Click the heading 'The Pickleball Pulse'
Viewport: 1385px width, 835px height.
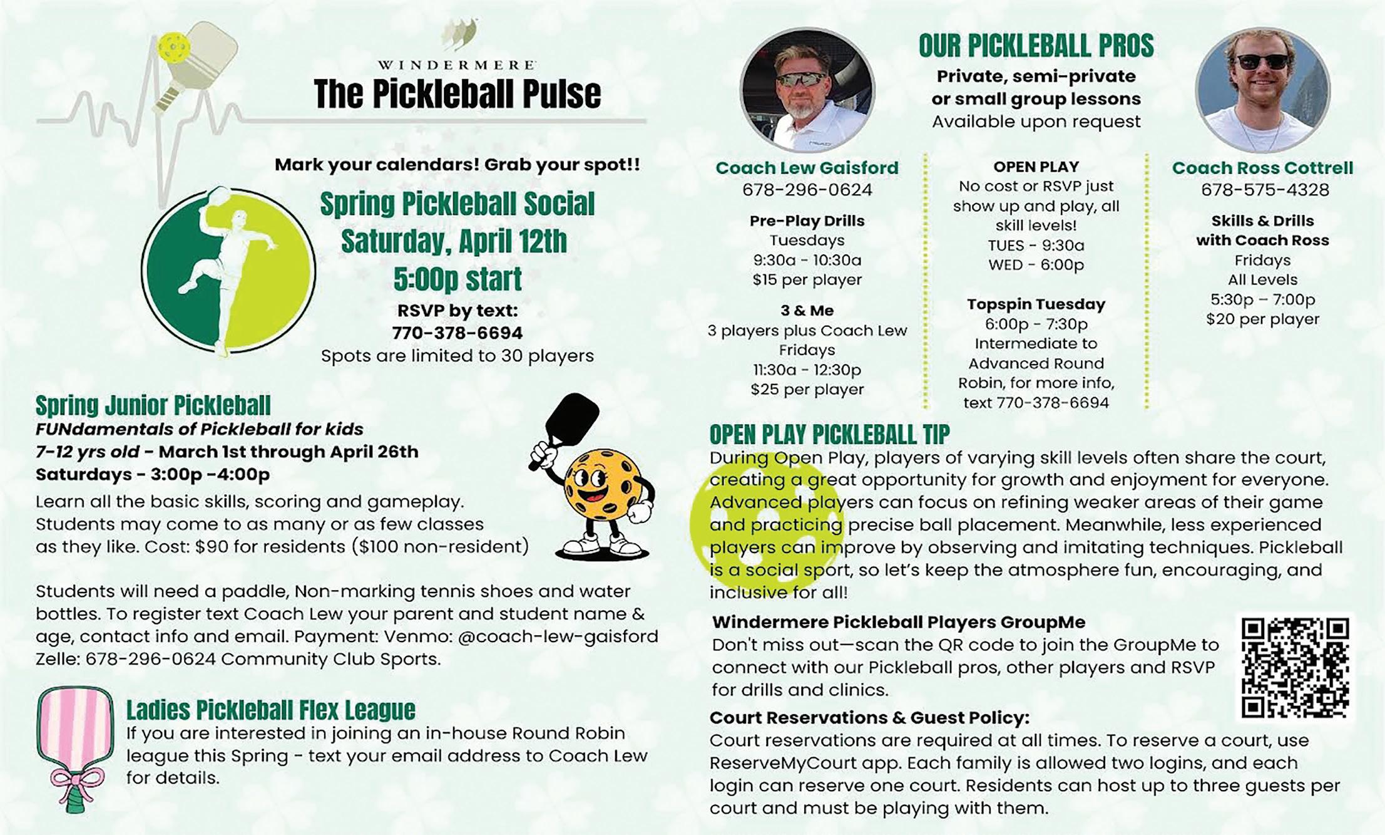click(457, 94)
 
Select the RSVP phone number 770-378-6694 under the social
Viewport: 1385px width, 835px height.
click(457, 333)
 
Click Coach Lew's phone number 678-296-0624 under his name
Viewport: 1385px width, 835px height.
click(807, 190)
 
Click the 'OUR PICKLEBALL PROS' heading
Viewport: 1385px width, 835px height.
click(1036, 46)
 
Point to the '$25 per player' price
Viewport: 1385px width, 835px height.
click(807, 390)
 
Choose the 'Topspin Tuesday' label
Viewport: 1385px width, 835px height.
click(1036, 304)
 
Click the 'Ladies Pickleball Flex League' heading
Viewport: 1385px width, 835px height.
click(270, 710)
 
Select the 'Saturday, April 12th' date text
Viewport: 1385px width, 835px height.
click(454, 242)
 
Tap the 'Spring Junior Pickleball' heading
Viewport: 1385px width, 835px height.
click(153, 405)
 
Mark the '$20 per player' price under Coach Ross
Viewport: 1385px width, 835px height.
click(1262, 319)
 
